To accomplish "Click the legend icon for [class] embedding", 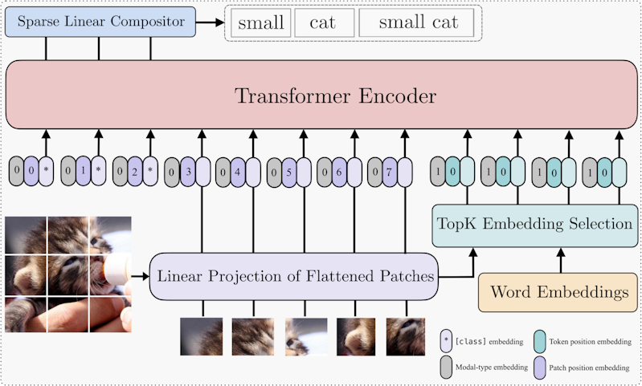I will (x=445, y=342).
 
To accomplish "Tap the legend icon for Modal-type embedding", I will (x=445, y=367).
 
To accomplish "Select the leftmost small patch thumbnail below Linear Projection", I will (x=202, y=336).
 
